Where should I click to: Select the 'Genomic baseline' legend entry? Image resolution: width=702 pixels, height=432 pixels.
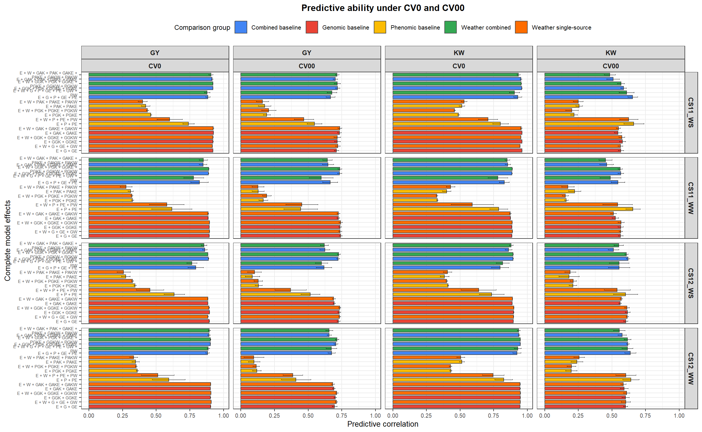(345, 28)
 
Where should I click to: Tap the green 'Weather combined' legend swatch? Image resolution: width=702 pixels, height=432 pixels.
(450, 28)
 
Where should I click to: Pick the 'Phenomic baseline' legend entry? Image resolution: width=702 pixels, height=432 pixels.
(415, 28)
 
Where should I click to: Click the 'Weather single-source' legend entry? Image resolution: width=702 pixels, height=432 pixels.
(561, 28)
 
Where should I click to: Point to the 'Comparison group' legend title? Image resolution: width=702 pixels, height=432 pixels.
(202, 28)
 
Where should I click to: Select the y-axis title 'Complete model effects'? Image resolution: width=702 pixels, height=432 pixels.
(7, 240)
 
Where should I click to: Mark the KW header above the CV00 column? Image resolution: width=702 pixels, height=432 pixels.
(610, 53)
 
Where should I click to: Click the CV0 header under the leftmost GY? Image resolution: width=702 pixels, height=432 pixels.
(155, 66)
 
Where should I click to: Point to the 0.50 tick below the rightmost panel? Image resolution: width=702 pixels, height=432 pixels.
(612, 415)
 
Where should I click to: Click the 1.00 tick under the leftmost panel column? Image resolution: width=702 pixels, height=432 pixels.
(223, 415)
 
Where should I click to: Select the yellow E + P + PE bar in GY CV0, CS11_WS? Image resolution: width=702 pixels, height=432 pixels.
(138, 124)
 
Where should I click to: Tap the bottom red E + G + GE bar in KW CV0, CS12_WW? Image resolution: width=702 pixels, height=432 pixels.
(456, 406)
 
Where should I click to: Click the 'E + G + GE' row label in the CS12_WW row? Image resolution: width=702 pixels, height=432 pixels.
(67, 407)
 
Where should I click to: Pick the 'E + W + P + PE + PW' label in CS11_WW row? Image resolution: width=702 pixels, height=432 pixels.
(56, 205)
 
